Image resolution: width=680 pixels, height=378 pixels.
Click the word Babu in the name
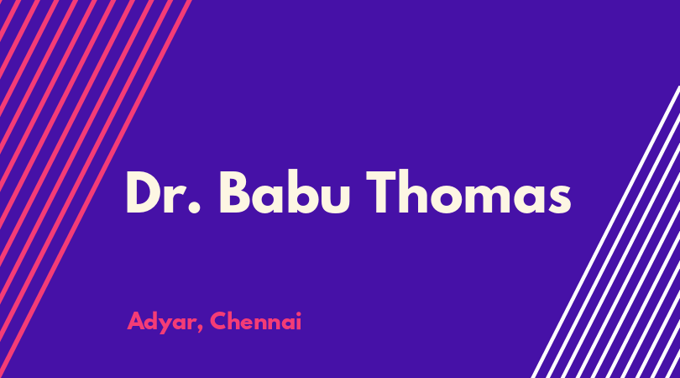(x=284, y=192)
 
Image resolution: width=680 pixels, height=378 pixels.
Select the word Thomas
(x=468, y=192)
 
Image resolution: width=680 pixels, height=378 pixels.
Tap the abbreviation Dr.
(x=164, y=192)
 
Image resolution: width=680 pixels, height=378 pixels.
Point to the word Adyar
(x=163, y=322)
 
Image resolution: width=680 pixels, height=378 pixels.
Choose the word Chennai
(x=256, y=321)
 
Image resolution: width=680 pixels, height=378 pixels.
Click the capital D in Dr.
(x=145, y=192)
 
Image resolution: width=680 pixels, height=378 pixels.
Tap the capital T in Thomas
(x=382, y=192)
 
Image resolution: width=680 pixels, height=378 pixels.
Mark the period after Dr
(x=195, y=207)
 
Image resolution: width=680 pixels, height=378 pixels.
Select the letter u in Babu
(x=334, y=200)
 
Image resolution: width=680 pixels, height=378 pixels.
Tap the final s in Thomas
(x=560, y=199)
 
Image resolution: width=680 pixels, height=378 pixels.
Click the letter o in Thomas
(x=451, y=199)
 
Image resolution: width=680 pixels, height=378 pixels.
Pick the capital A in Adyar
(x=135, y=321)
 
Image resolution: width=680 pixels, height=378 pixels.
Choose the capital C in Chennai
(x=218, y=321)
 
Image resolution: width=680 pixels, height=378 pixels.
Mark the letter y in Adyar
(x=166, y=327)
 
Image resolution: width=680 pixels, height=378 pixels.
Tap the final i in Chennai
(x=299, y=321)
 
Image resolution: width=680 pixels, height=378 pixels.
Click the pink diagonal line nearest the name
(x=96, y=189)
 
